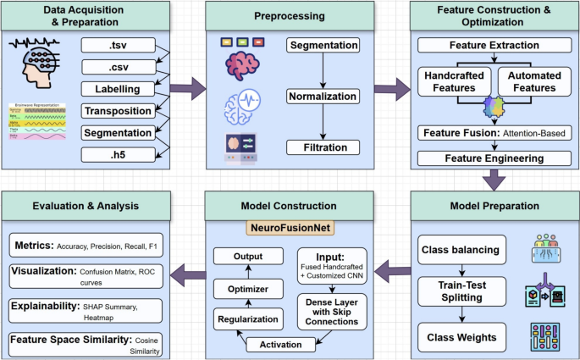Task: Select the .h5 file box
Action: click(x=118, y=154)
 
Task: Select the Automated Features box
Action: click(x=533, y=82)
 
